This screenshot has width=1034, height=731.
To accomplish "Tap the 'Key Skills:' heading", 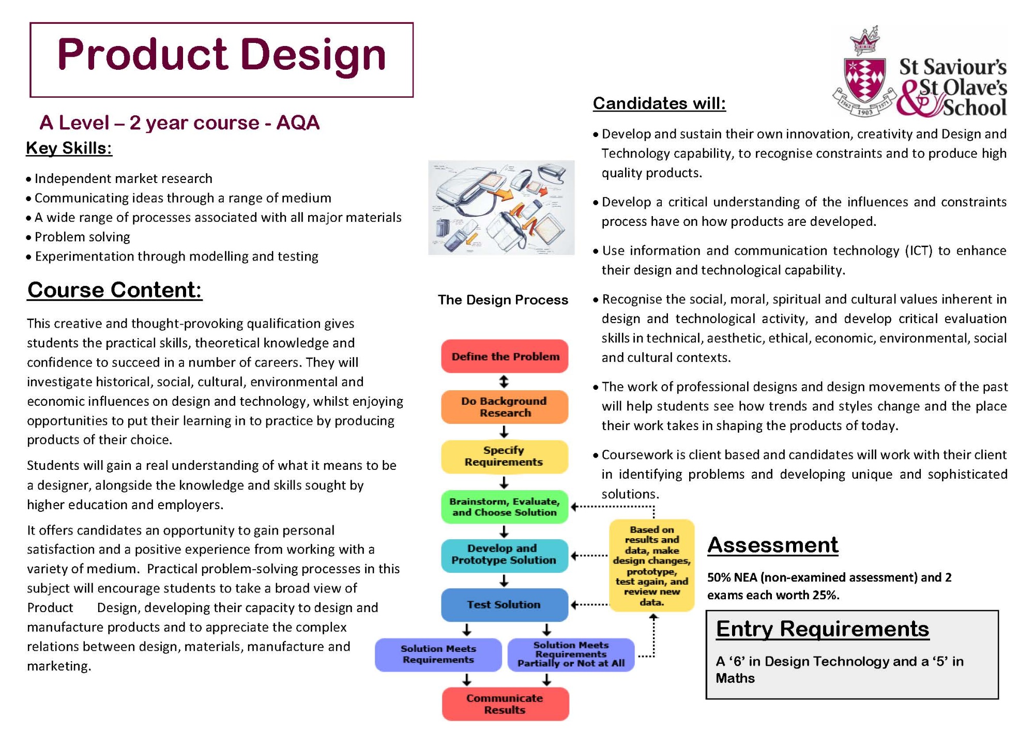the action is pos(69,148).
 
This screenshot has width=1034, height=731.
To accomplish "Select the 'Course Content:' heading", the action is pos(114,290).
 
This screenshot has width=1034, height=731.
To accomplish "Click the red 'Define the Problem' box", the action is pos(505,356).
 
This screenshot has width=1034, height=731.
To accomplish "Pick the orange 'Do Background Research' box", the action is pos(505,407).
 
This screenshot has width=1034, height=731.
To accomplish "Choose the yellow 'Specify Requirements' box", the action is pos(505,456).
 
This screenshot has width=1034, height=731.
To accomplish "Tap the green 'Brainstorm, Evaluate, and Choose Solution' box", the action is pos(505,507).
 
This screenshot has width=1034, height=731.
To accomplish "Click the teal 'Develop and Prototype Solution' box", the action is pos(505,555).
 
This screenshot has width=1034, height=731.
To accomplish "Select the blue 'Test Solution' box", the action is pos(505,605).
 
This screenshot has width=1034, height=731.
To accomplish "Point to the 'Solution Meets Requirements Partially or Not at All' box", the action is pos(571,654).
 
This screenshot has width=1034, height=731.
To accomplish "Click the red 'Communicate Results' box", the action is pos(506,704).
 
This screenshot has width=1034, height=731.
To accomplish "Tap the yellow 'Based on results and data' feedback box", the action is pos(652,566).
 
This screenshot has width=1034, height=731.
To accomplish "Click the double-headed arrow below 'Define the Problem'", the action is pos(504,382).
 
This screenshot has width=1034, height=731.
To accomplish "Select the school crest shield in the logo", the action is pos(864,80).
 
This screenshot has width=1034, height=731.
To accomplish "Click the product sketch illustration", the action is pos(501,207).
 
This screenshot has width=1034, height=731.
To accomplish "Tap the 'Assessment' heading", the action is pos(773,545).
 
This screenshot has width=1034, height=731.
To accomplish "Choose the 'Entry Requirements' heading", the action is pos(823,629).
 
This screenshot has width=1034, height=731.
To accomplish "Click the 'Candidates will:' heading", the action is pos(659,103).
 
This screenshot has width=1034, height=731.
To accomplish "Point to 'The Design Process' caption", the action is pos(503,300).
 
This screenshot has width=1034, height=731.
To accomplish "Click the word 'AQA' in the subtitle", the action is pos(298,123).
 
